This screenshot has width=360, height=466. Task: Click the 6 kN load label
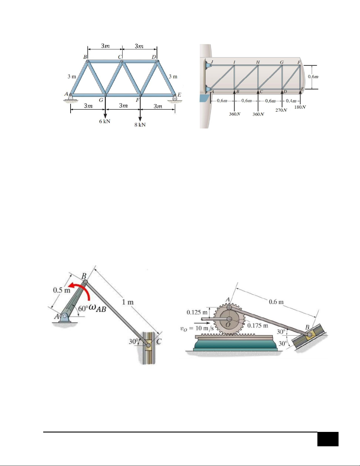point(105,121)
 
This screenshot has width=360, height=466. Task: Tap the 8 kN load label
point(140,125)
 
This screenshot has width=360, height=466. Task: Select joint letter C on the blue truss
point(120,57)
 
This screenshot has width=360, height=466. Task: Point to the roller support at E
point(175,98)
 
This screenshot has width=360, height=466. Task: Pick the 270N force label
point(281,110)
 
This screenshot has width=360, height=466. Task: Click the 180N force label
point(300,107)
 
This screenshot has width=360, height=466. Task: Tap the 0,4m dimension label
point(291,101)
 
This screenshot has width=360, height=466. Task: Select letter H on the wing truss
point(258,62)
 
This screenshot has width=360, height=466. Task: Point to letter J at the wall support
point(212,62)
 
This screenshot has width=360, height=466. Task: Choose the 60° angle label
point(83,309)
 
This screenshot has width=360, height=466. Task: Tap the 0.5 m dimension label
point(61,290)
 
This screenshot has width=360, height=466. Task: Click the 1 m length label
point(128,302)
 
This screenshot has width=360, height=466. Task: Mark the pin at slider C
point(148,345)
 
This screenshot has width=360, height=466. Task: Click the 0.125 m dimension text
point(197,313)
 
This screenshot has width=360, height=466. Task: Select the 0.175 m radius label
point(258,325)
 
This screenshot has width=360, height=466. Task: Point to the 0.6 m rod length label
point(276,302)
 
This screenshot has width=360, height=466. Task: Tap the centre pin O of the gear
point(229,319)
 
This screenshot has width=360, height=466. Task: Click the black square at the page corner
point(328,439)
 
